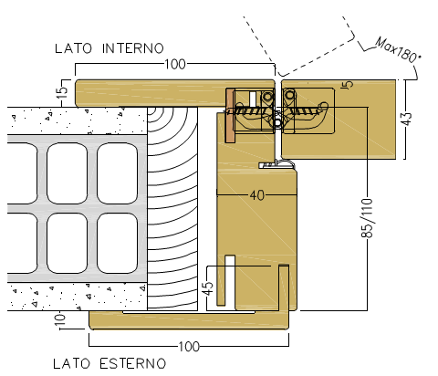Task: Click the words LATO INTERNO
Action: pyautogui.click(x=109, y=48)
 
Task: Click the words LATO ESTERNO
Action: pyautogui.click(x=109, y=363)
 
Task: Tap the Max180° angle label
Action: pyautogui.click(x=397, y=49)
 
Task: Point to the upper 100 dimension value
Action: pyautogui.click(x=175, y=64)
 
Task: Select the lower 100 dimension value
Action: pyautogui.click(x=189, y=346)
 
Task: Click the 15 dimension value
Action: pyautogui.click(x=62, y=93)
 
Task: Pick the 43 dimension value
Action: pyautogui.click(x=406, y=119)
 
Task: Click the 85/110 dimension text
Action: pyautogui.click(x=367, y=217)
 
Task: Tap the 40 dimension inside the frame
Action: pyautogui.click(x=257, y=195)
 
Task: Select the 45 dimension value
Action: pyautogui.click(x=208, y=288)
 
